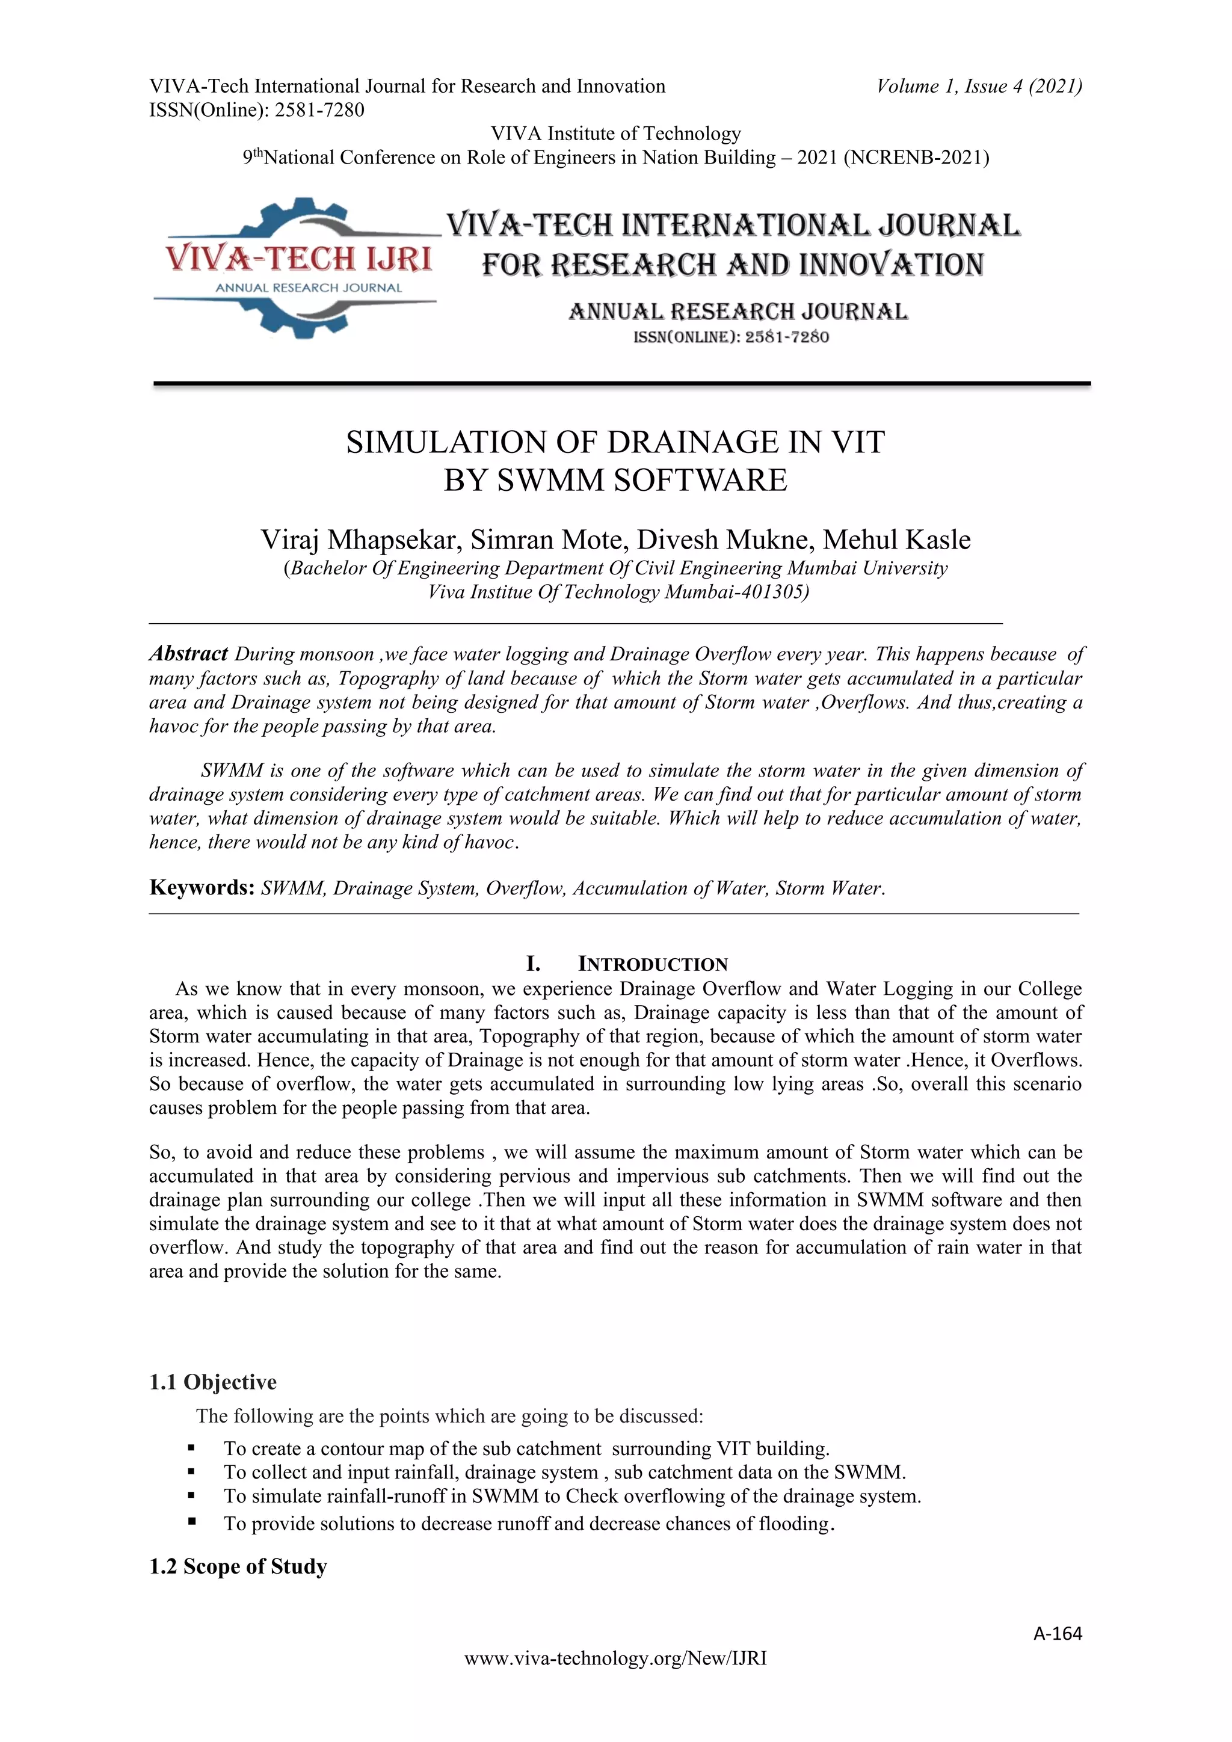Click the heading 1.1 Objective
pyautogui.click(x=213, y=1382)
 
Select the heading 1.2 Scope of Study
pyautogui.click(x=238, y=1567)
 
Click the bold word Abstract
pyautogui.click(x=188, y=653)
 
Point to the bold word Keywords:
pyautogui.click(x=201, y=888)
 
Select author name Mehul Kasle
pyautogui.click(x=897, y=540)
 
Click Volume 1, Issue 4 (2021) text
pyautogui.click(x=979, y=87)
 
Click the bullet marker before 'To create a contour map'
pyautogui.click(x=191, y=1448)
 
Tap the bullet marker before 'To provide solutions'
pyautogui.click(x=191, y=1521)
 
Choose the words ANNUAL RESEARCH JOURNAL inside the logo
pyautogui.click(x=308, y=288)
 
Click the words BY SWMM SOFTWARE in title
pyautogui.click(x=615, y=480)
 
